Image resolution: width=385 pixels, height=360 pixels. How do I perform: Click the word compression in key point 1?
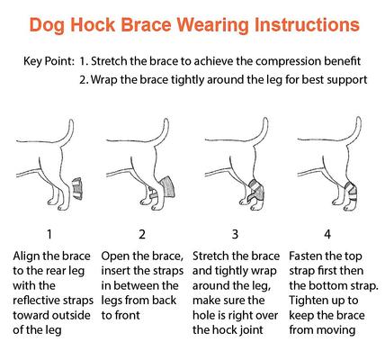pyautogui.click(x=269, y=62)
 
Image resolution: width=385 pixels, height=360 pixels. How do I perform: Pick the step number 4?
pyautogui.click(x=327, y=231)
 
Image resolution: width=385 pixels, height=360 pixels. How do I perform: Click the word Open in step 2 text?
pyautogui.click(x=118, y=256)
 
